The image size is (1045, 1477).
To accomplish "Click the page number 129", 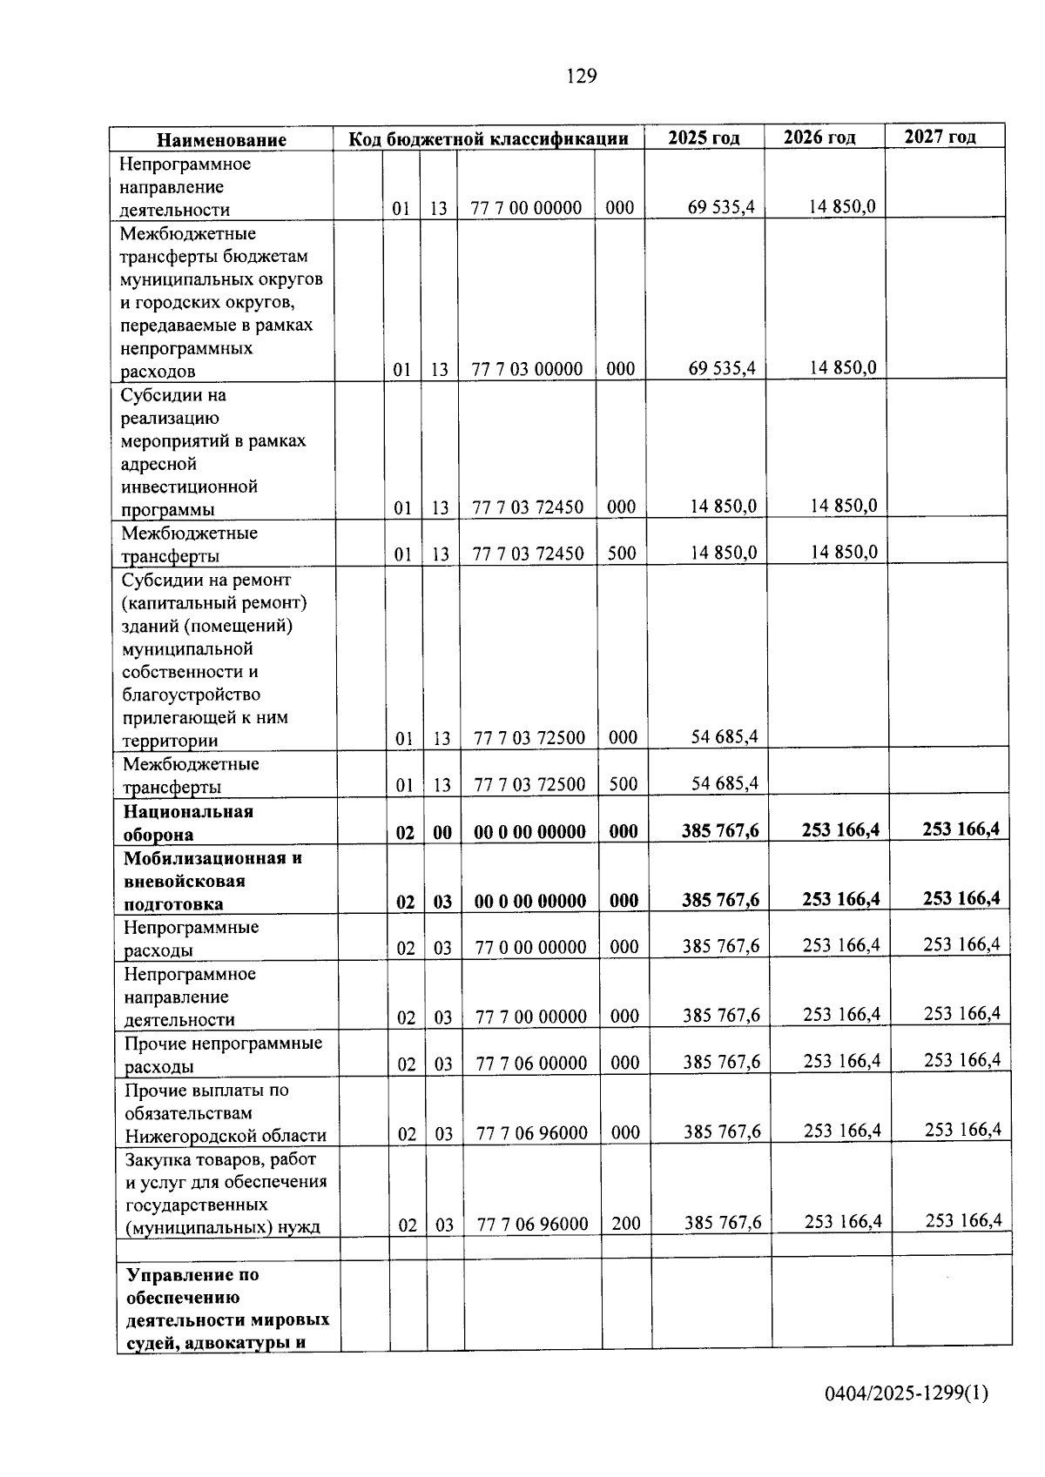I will click(x=582, y=77).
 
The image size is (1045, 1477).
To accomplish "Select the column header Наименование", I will click(x=221, y=140).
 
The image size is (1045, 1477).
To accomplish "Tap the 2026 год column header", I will click(x=819, y=137).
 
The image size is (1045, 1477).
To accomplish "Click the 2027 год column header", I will click(x=940, y=136).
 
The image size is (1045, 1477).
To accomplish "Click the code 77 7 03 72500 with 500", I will click(x=529, y=784).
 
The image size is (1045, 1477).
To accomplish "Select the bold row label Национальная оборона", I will click(x=188, y=822).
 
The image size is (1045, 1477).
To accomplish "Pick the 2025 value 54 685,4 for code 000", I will click(x=725, y=736).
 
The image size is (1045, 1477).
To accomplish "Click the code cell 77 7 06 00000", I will click(x=531, y=1063).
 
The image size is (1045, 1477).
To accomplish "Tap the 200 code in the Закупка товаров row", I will click(x=625, y=1224).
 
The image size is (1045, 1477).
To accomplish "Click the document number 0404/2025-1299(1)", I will click(x=907, y=1393).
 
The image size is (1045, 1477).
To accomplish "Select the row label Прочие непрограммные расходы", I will click(x=223, y=1054).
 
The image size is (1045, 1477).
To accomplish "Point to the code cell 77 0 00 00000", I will click(x=530, y=947).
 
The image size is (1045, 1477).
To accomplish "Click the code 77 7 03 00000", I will click(x=527, y=369).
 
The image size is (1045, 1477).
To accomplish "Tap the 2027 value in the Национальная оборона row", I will click(x=961, y=829).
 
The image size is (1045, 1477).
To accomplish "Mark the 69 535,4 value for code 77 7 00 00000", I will click(x=721, y=207).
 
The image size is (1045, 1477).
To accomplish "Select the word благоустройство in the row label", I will click(x=192, y=695).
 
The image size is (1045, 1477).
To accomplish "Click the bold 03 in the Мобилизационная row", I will click(x=442, y=902).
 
